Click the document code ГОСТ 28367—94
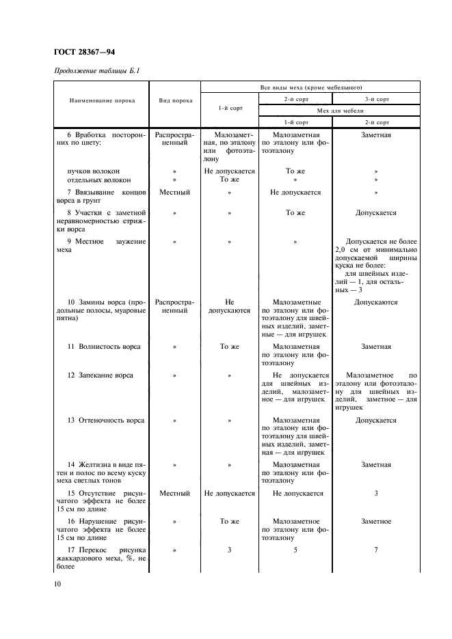(x=85, y=52)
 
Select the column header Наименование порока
(x=102, y=100)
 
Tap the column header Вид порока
(x=175, y=100)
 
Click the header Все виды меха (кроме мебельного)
(x=311, y=88)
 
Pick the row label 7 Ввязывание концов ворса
(x=102, y=197)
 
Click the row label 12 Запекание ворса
(x=101, y=375)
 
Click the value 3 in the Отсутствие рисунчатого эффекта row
(x=375, y=493)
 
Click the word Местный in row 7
(x=174, y=193)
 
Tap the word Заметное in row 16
(x=375, y=521)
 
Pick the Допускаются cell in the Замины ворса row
(x=375, y=302)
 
